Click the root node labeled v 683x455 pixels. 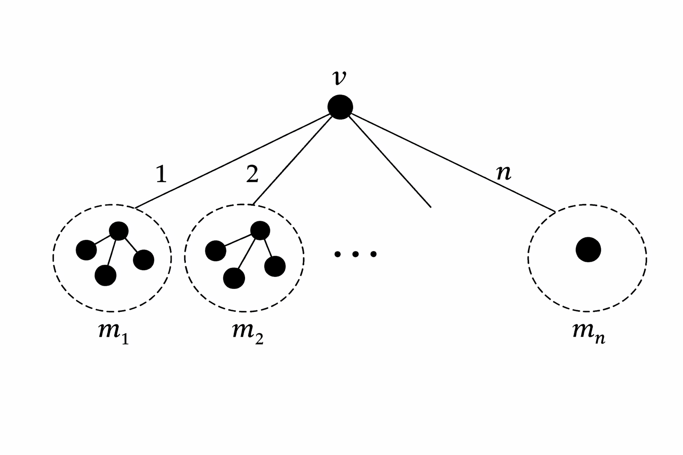tap(340, 107)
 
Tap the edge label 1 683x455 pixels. tap(161, 175)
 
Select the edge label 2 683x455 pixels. tap(252, 175)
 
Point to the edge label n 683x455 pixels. tap(503, 173)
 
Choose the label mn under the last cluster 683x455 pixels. tap(588, 333)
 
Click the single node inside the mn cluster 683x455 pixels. tap(588, 250)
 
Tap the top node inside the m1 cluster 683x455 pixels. tap(119, 231)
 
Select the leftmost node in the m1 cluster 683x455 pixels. tap(86, 250)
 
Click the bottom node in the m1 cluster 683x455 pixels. tap(105, 275)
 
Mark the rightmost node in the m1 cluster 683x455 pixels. tap(143, 260)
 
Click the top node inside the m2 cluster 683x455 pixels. tap(260, 230)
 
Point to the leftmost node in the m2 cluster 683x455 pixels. tap(216, 251)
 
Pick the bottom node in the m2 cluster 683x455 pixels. tap(234, 278)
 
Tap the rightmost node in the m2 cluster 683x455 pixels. tap(274, 266)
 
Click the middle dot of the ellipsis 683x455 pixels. tap(355, 254)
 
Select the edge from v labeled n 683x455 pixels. tap(449, 160)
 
